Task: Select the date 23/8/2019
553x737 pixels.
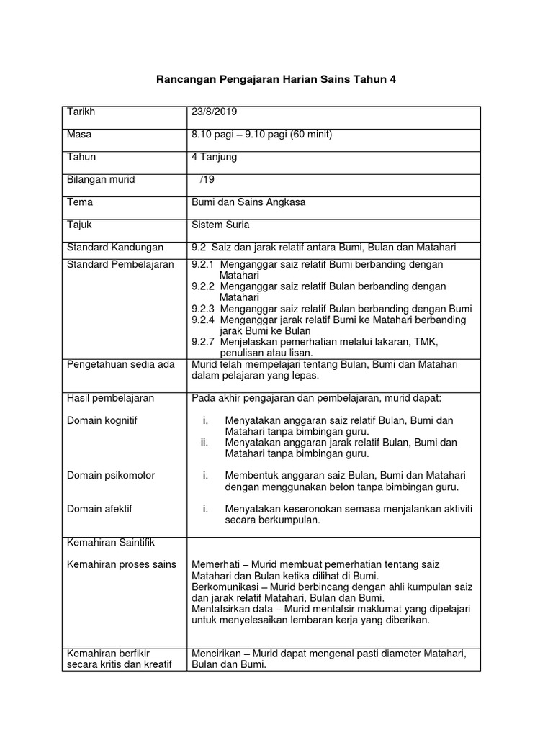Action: pyautogui.click(x=214, y=112)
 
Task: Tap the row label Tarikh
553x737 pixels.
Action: pyautogui.click(x=81, y=112)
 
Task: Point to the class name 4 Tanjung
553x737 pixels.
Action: pyautogui.click(x=214, y=157)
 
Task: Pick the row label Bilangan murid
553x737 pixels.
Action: pyautogui.click(x=101, y=179)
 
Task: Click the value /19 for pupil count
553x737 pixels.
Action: pyautogui.click(x=207, y=179)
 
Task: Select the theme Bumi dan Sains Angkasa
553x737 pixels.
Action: pyautogui.click(x=248, y=202)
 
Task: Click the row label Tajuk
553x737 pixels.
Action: pyautogui.click(x=79, y=225)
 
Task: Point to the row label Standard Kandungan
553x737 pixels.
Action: pyautogui.click(x=115, y=248)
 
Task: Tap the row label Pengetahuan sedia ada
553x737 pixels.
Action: pyautogui.click(x=120, y=364)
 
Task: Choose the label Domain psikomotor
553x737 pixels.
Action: pyautogui.click(x=110, y=476)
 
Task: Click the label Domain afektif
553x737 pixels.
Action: pyautogui.click(x=99, y=509)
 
